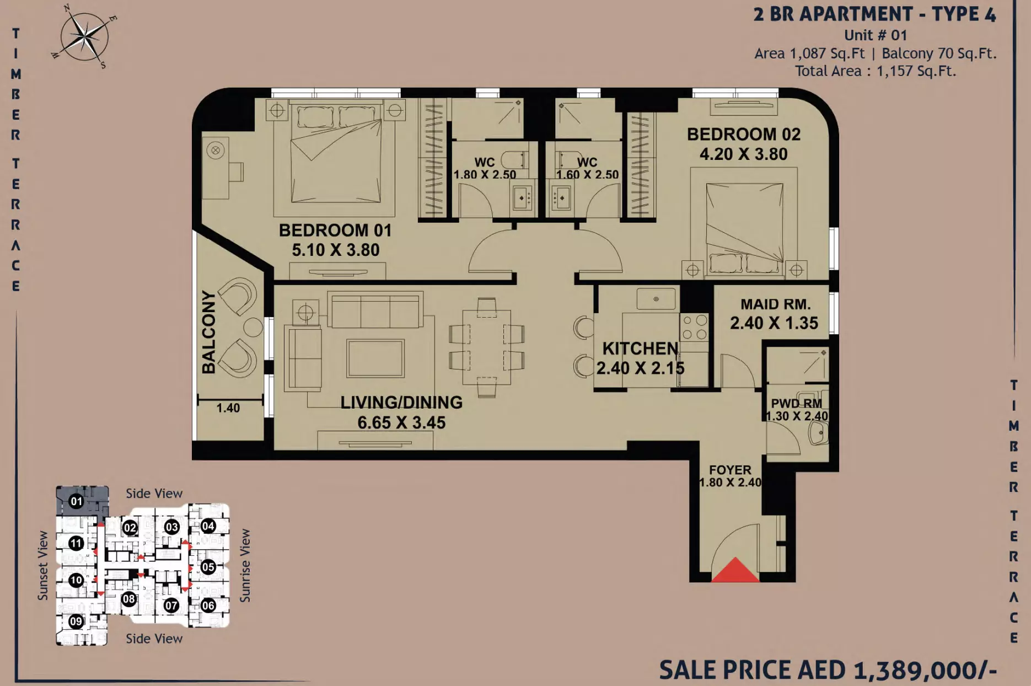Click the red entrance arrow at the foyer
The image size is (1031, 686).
pos(735,571)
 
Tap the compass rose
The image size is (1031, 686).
pos(84,37)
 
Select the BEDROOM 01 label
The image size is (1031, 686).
pos(335,230)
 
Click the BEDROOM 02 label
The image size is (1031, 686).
pos(743,135)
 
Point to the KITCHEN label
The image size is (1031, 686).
pos(640,349)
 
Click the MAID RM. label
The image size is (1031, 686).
pos(775,304)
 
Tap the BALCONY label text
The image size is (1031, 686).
pos(208,332)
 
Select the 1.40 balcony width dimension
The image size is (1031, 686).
pos(228,408)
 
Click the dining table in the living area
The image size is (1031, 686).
pos(486,347)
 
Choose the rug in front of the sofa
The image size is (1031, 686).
pos(375,358)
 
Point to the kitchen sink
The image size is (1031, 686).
pos(656,299)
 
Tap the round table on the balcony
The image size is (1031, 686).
pos(253,328)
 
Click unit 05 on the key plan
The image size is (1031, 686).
pos(208,567)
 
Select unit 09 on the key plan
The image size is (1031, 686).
pos(76,621)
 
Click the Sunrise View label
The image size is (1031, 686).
pos(245,566)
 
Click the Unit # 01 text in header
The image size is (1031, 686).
pos(876,35)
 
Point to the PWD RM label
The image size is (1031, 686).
pos(796,404)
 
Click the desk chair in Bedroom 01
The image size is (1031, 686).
pos(237,171)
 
